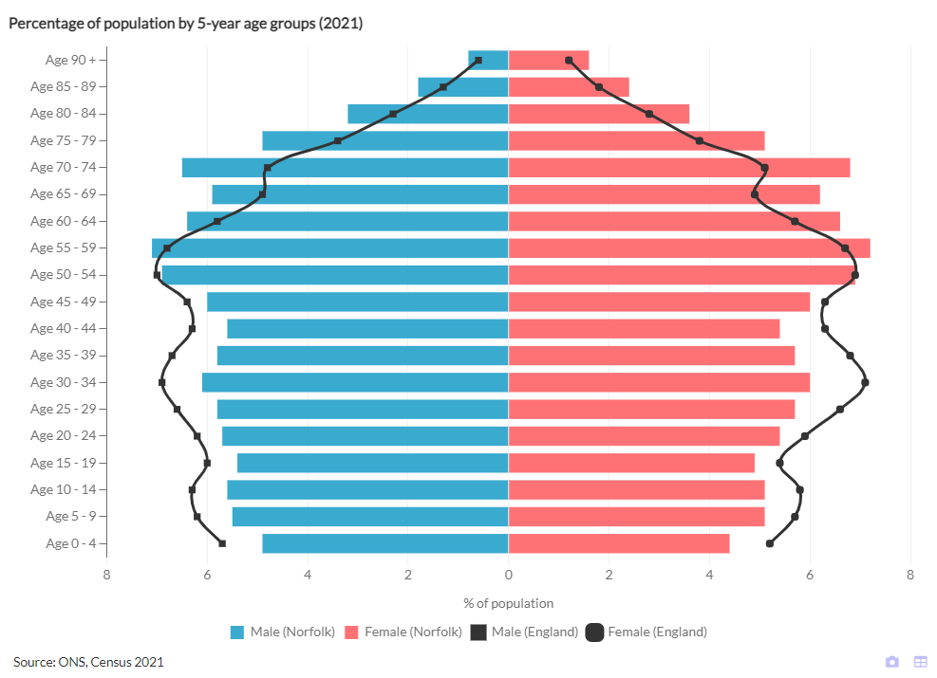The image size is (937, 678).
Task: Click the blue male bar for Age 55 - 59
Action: pos(330,248)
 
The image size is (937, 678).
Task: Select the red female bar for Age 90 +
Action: pos(549,60)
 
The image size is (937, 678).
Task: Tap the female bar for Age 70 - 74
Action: pos(679,168)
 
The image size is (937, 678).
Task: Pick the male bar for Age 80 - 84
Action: pos(427,114)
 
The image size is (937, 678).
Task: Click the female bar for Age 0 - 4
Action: pos(619,543)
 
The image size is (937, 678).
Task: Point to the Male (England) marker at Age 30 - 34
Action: pos(162,382)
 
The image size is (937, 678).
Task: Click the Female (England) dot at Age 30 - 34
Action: pos(865,382)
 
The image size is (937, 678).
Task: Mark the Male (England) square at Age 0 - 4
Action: pos(222,543)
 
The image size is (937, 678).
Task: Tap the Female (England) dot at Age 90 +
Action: pos(569,60)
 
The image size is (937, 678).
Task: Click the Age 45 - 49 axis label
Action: pos(64,302)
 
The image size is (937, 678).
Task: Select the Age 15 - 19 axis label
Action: pos(64,463)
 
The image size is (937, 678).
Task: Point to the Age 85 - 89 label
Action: pos(64,86)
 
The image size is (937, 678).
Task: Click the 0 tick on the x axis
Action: pos(509,575)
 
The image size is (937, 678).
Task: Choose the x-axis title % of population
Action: pos(508,603)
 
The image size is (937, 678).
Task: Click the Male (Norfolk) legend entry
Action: pos(283,632)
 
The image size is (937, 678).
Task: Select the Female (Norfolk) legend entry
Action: pos(403,632)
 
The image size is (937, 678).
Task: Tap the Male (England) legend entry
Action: pos(525,632)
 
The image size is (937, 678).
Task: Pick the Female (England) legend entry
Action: pos(647,632)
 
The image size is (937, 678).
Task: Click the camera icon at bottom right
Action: pos(892,661)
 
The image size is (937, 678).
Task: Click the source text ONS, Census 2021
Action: pos(88,661)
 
